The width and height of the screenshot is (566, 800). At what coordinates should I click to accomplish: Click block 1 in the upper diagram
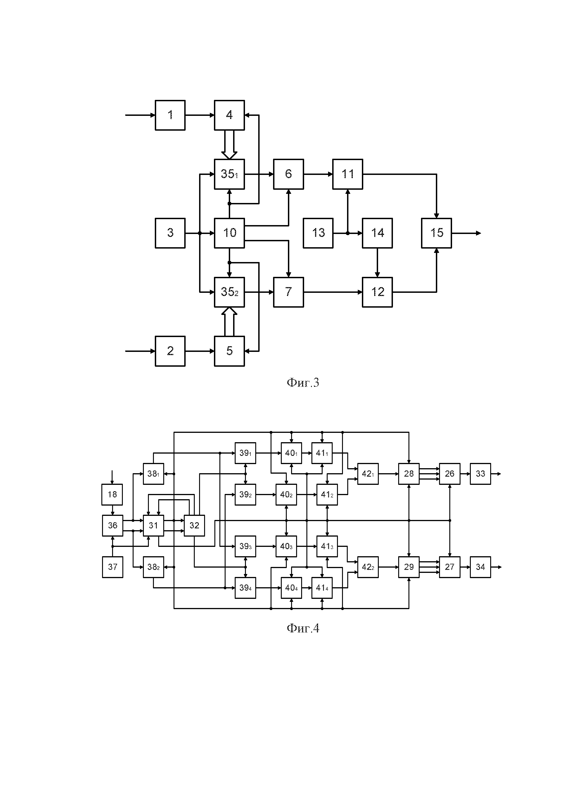170,115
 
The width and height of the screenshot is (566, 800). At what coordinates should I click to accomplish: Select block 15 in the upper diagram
436,233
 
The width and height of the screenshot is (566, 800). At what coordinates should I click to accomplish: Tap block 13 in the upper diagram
318,233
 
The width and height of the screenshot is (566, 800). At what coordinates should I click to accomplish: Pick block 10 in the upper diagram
229,233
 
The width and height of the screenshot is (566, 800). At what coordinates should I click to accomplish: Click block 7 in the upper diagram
288,292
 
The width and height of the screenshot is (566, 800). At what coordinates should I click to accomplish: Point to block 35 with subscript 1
229,174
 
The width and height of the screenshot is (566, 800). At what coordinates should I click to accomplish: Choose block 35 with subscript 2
229,292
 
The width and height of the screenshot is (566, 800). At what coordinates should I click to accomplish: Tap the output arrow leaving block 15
466,233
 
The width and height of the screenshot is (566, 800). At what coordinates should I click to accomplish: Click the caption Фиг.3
303,383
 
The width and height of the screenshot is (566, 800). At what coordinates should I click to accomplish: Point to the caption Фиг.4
303,628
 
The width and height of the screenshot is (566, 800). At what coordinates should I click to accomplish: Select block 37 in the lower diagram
112,567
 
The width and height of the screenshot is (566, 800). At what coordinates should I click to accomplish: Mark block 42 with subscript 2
368,567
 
